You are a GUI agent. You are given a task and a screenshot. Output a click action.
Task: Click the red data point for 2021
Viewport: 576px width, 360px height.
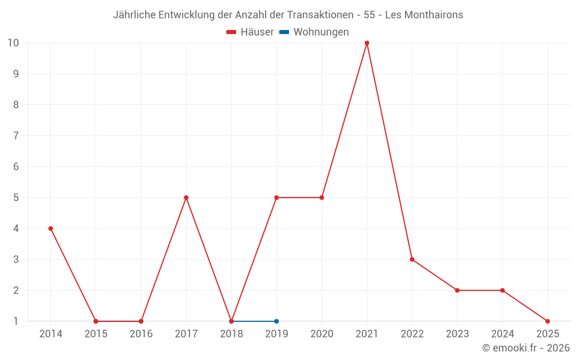pyautogui.click(x=367, y=43)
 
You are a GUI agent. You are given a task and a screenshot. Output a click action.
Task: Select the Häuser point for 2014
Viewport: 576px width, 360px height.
pyautogui.click(x=51, y=229)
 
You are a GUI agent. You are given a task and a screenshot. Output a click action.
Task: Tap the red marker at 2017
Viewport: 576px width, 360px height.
pyautogui.click(x=186, y=198)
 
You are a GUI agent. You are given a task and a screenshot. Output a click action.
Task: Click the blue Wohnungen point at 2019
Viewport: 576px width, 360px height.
pyautogui.click(x=276, y=321)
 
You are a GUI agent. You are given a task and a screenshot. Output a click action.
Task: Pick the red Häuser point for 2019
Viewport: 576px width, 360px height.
pyautogui.click(x=276, y=198)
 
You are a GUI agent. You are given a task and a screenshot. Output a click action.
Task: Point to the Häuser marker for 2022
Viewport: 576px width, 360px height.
pyautogui.click(x=412, y=259)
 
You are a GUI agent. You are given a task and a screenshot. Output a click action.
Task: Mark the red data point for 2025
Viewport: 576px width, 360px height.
pyautogui.click(x=547, y=321)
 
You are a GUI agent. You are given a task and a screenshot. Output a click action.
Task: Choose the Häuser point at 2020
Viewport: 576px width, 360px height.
pyautogui.click(x=321, y=198)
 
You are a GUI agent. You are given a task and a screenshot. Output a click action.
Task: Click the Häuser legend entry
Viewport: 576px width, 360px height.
pyautogui.click(x=251, y=32)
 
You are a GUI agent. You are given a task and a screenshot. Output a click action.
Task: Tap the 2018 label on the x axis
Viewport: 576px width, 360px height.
pyautogui.click(x=232, y=334)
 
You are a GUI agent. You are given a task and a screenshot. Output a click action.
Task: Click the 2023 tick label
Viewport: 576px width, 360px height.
pyautogui.click(x=457, y=334)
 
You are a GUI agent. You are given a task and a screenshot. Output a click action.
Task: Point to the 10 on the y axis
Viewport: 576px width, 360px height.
pyautogui.click(x=13, y=43)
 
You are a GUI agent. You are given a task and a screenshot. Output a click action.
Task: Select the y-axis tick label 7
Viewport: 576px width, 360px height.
pyautogui.click(x=16, y=136)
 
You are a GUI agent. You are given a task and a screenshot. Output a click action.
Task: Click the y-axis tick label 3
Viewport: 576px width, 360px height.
pyautogui.click(x=16, y=259)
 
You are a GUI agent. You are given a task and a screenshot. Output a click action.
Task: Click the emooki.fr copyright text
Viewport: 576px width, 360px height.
pyautogui.click(x=526, y=348)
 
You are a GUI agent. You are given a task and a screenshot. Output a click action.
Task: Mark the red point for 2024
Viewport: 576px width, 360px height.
pyautogui.click(x=502, y=290)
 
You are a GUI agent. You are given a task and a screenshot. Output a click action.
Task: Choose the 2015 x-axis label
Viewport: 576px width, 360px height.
pyautogui.click(x=96, y=334)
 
